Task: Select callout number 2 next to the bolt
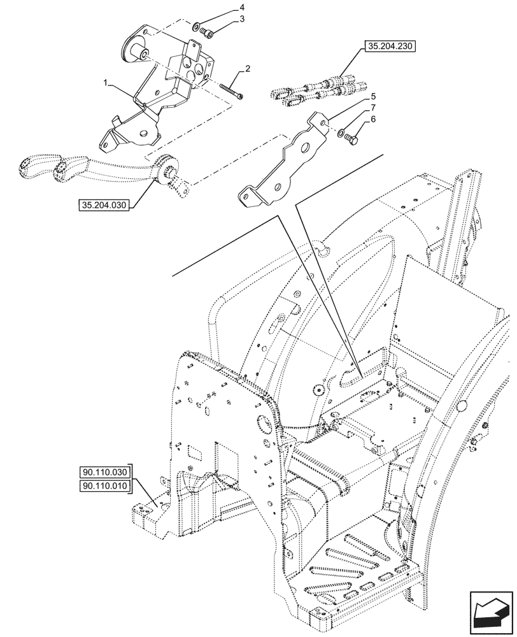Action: click(x=248, y=69)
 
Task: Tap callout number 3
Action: click(x=242, y=20)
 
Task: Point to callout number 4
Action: click(x=242, y=8)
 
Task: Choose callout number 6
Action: click(x=372, y=118)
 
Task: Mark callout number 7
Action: click(x=372, y=108)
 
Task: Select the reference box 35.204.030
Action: click(x=104, y=206)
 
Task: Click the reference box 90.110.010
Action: click(x=104, y=487)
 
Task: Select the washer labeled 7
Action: click(x=342, y=132)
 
